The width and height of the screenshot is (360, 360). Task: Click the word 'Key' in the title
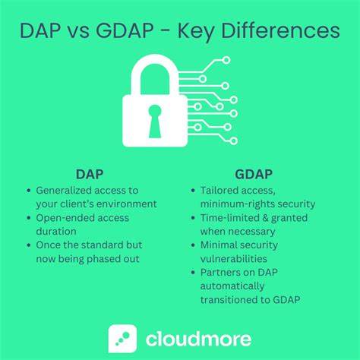click(205, 32)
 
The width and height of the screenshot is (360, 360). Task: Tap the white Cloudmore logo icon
click(122, 338)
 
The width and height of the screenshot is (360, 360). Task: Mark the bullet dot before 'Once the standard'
click(29, 245)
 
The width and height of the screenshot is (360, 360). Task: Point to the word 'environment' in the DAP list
click(128, 204)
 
